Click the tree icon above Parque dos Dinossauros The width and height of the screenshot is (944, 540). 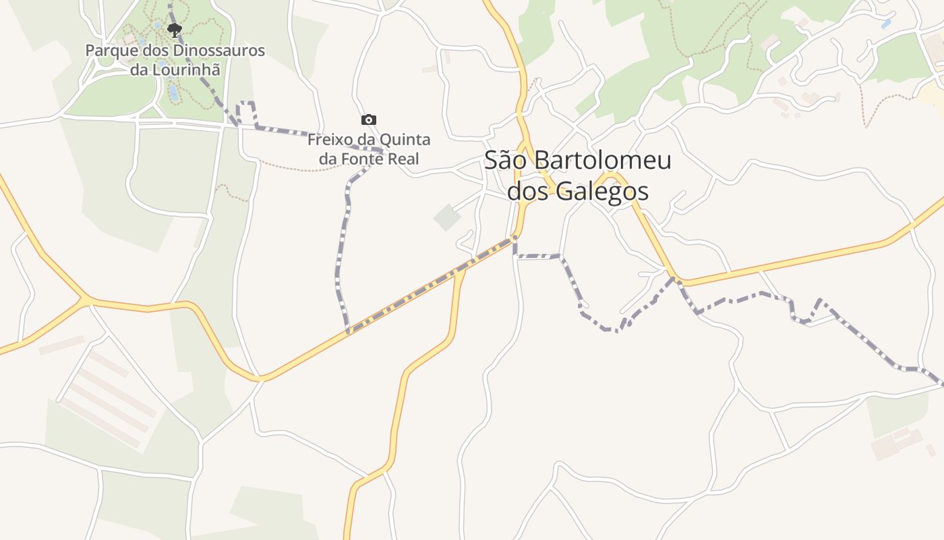pos(175,30)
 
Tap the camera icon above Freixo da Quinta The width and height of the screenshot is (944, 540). pos(369,119)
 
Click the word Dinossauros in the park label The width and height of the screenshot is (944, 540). pos(208,51)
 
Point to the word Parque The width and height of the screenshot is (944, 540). pos(110,51)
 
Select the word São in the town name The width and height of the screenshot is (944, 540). pos(506,160)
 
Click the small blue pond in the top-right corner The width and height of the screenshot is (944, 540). pos(885,24)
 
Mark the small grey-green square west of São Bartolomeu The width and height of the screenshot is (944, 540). pos(446,217)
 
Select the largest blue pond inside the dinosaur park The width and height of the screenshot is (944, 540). pos(173,92)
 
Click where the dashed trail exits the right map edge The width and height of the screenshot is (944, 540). pos(941,383)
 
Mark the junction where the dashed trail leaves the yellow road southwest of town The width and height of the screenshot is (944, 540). pos(349,331)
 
